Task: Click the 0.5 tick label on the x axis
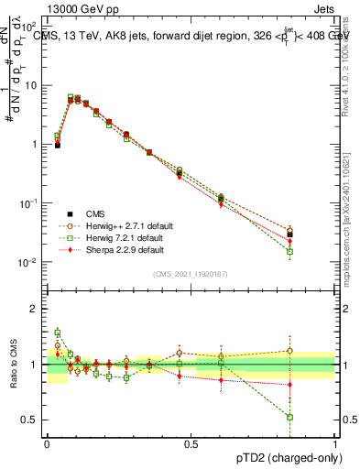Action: click(191, 442)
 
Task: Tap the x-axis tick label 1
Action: click(335, 442)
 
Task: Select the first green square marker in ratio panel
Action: click(57, 333)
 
